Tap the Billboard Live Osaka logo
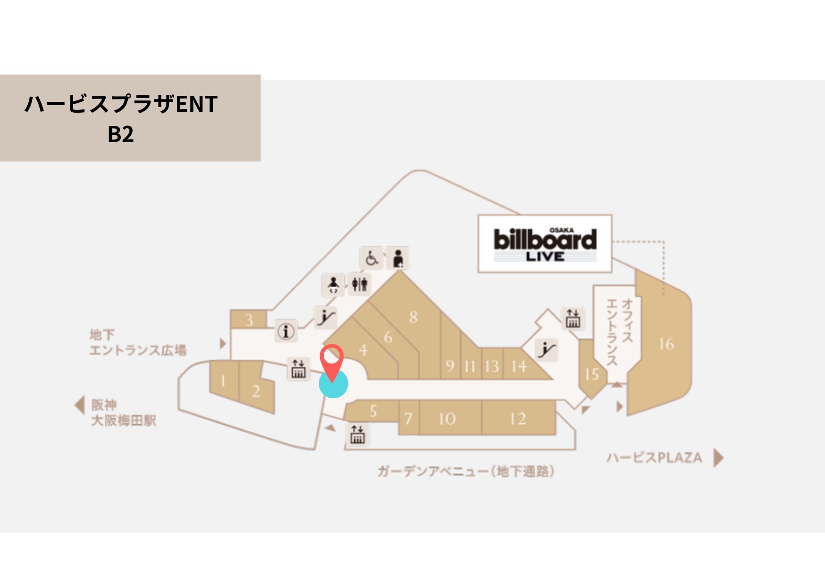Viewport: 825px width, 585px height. click(x=545, y=244)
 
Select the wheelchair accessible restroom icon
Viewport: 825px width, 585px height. click(x=371, y=258)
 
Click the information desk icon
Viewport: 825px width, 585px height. click(x=286, y=331)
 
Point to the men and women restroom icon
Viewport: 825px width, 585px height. click(x=360, y=284)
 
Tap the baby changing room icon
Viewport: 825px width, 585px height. click(x=333, y=284)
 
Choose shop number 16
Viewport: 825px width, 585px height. click(x=666, y=344)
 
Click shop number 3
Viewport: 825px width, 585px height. click(x=249, y=320)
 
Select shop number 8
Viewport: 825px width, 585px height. click(x=413, y=317)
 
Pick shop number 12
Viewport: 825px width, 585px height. click(x=518, y=418)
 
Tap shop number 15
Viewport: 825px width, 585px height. click(x=591, y=374)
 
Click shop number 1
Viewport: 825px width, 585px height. click(x=223, y=381)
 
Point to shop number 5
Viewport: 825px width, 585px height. click(x=373, y=411)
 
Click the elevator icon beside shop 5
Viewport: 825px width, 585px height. click(x=357, y=435)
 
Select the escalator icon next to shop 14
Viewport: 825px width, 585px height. click(x=547, y=350)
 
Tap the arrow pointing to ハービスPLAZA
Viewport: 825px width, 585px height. click(x=718, y=458)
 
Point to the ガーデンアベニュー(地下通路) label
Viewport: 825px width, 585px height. click(x=465, y=471)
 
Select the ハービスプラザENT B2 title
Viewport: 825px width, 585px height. click(x=121, y=118)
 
